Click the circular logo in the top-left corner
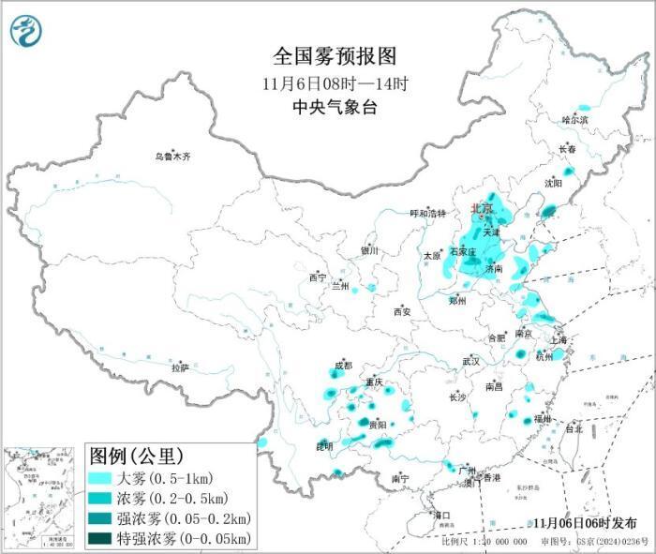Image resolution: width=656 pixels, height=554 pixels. point(28,33)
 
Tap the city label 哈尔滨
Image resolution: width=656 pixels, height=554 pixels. point(574,121)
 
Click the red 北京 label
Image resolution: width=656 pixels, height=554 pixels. point(482,208)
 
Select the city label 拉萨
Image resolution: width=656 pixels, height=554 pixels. point(180,367)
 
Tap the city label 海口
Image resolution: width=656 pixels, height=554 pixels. point(442,516)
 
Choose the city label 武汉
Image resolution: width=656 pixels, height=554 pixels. point(470,361)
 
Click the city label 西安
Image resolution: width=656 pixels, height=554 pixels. point(403,311)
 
